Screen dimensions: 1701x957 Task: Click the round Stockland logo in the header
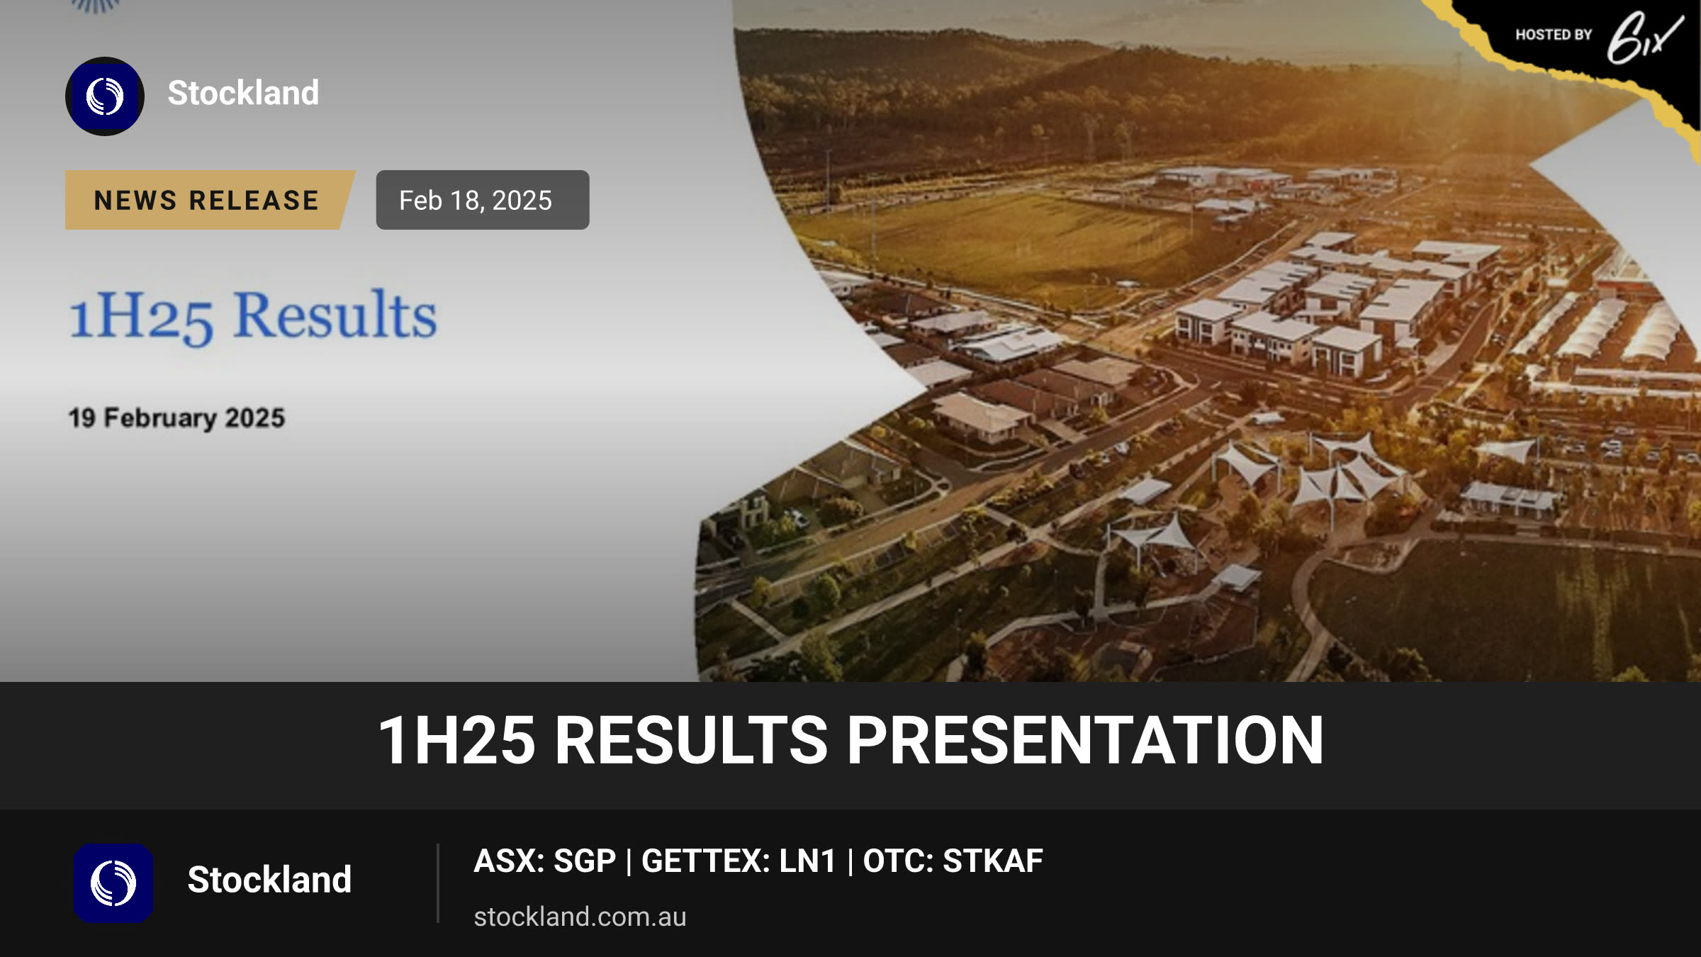(x=105, y=96)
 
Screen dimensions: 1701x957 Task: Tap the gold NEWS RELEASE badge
(x=209, y=200)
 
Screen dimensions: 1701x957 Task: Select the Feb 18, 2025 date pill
(x=483, y=200)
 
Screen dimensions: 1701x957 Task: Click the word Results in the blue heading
(x=335, y=315)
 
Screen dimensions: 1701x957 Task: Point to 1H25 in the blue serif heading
(x=141, y=317)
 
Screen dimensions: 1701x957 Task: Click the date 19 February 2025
(x=176, y=418)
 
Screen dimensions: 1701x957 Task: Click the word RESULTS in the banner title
(x=691, y=740)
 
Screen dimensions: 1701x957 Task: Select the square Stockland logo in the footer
(x=113, y=883)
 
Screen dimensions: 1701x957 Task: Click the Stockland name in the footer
(x=269, y=880)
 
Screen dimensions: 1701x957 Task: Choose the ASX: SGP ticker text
(x=545, y=861)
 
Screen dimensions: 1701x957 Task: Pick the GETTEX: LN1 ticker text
(x=739, y=861)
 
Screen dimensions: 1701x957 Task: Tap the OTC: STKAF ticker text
(x=953, y=861)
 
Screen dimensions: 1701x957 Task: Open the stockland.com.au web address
(x=580, y=917)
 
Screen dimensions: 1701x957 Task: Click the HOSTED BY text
(x=1554, y=35)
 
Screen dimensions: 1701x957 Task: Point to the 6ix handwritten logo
(x=1644, y=38)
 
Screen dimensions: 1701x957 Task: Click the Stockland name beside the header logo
(x=243, y=93)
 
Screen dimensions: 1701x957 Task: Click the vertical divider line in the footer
(x=438, y=883)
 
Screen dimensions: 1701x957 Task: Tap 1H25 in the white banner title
(x=457, y=740)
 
